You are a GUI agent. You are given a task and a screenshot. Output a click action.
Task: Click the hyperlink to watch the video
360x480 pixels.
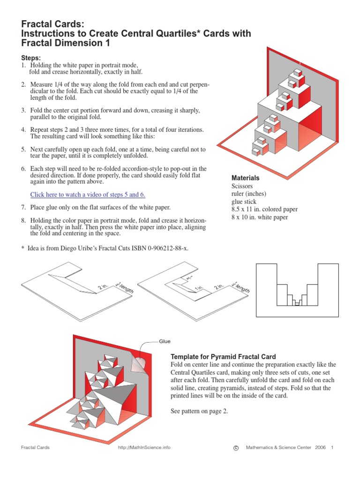click(88, 195)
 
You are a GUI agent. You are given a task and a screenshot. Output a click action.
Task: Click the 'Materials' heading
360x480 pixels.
click(246, 179)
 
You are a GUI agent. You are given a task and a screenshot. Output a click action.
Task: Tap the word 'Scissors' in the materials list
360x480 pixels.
click(242, 186)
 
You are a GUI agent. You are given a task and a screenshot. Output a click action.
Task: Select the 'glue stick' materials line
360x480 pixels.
click(245, 202)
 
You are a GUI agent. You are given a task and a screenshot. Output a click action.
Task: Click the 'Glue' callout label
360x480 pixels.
click(165, 342)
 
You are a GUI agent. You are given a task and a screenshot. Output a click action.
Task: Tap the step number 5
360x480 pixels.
click(23, 150)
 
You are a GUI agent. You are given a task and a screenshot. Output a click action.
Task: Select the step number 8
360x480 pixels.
click(23, 220)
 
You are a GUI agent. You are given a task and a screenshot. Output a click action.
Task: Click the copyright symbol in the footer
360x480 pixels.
click(236, 448)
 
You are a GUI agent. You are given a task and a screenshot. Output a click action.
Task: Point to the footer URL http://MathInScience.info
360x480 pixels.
click(144, 448)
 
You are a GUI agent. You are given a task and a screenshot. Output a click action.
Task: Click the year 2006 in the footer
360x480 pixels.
click(320, 448)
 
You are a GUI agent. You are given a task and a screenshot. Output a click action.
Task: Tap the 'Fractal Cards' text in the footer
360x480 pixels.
click(35, 448)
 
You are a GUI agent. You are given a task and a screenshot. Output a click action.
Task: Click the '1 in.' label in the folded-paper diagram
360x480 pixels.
click(199, 287)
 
